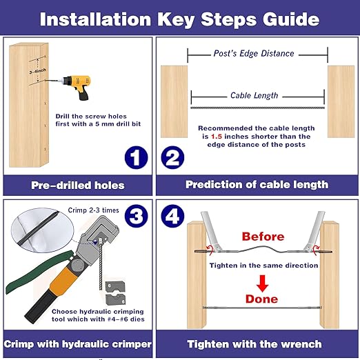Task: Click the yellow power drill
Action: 77,86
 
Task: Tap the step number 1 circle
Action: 136,158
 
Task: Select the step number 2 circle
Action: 172,158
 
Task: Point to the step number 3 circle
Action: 136,216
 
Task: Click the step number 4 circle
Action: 172,216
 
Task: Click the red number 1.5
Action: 217,137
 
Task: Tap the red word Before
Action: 263,237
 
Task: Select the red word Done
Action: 261,299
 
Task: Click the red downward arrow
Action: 263,283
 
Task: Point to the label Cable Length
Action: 254,96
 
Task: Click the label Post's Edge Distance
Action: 254,53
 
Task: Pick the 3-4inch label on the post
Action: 37,71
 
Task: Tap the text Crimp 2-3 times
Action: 93,210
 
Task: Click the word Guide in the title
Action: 291,19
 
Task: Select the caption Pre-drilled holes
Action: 78,186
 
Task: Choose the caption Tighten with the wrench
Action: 254,344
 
